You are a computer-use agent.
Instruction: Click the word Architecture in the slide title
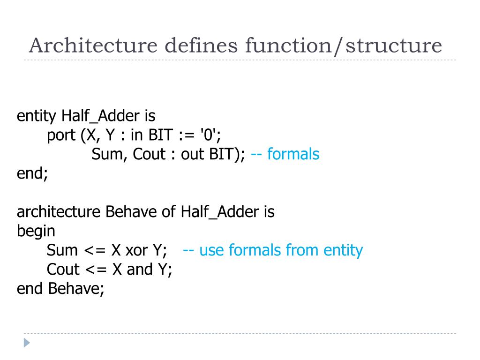coord(92,46)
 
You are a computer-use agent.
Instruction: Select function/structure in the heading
coord(344,46)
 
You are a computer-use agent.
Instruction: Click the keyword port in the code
coord(61,135)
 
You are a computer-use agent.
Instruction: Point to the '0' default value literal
coord(209,135)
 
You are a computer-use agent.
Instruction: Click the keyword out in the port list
coord(191,154)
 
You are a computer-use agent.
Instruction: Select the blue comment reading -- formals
coord(285,154)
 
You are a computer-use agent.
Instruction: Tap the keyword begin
coord(36,231)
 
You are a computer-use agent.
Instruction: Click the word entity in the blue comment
coord(343,250)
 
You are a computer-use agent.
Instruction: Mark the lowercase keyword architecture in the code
coord(59,212)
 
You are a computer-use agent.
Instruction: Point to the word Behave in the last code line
coord(76,288)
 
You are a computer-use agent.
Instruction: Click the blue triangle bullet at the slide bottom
coord(27,343)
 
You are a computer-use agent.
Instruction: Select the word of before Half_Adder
coord(169,212)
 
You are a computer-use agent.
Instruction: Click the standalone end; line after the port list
coord(32,173)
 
